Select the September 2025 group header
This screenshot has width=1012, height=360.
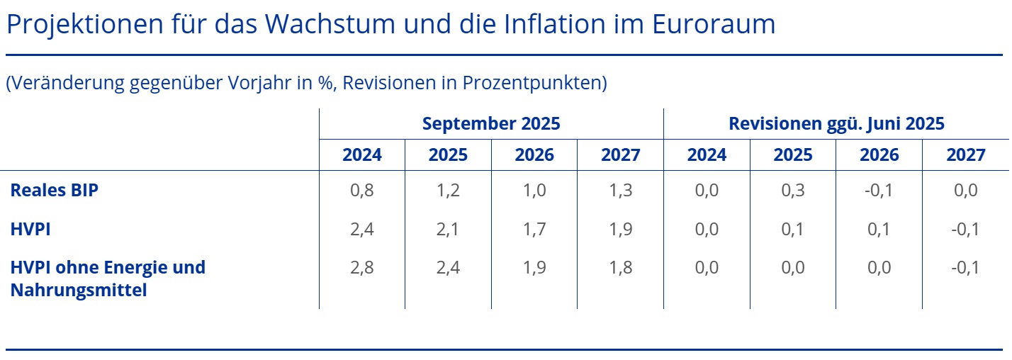[491, 123]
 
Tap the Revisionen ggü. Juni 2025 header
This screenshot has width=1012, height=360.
[836, 123]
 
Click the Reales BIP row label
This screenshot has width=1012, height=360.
[54, 190]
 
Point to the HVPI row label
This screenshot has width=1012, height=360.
[31, 228]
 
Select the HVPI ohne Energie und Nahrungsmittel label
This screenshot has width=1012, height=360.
[108, 278]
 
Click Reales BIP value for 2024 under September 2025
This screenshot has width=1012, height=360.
[362, 190]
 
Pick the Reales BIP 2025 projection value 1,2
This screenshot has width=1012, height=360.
[448, 190]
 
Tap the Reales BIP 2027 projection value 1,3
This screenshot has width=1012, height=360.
[620, 190]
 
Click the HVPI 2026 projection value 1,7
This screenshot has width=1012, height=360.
[534, 228]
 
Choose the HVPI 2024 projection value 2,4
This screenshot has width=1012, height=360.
[362, 228]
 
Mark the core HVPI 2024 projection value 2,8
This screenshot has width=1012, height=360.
[362, 267]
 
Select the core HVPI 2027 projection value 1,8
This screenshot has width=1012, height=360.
[620, 267]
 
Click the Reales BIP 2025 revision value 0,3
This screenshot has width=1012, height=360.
[793, 190]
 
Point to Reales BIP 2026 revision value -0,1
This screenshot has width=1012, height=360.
[878, 190]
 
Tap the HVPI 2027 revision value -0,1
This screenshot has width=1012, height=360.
[965, 228]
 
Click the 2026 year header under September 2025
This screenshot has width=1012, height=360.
[534, 154]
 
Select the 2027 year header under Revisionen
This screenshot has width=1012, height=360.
[965, 154]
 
